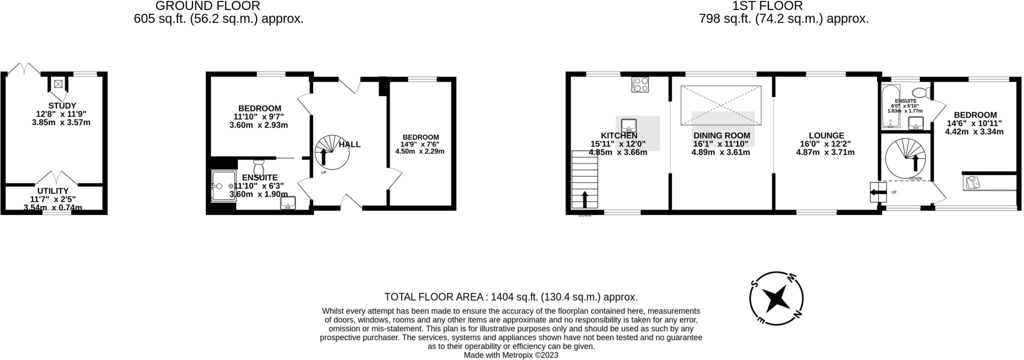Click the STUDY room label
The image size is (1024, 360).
coord(62,105)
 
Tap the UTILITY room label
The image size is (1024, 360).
coord(53,191)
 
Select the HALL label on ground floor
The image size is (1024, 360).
coord(349,144)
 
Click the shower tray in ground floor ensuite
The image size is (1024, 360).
coord(223,185)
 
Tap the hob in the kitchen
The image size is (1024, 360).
coord(640,84)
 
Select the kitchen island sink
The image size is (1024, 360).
coord(628,124)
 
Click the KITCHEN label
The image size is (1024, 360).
coord(618,135)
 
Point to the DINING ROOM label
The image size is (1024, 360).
coord(721,135)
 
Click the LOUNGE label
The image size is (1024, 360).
coord(826,135)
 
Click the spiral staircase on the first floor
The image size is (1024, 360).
coord(906,158)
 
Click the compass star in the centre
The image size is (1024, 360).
coord(776,299)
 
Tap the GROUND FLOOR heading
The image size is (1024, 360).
coord(207,6)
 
